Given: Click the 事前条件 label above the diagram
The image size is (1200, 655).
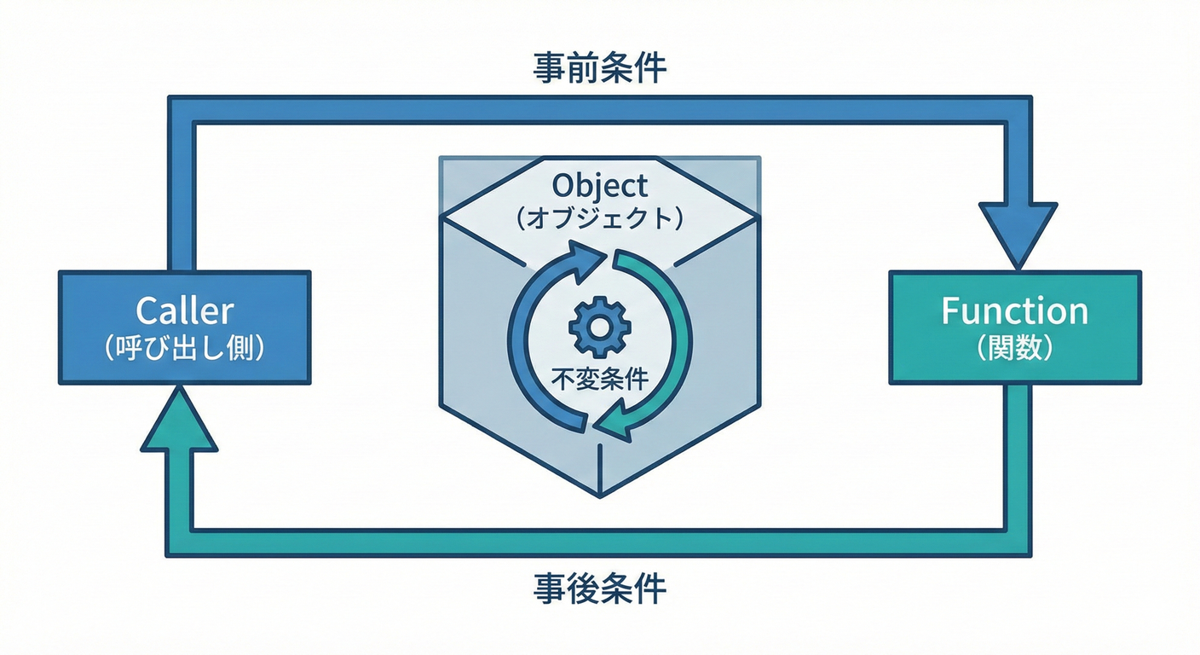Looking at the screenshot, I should [x=599, y=68].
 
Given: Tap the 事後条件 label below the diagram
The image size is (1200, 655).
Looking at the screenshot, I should [x=599, y=588].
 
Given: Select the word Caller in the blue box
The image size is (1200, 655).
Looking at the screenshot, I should [x=184, y=311].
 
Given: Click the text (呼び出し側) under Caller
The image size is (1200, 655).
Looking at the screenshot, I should [x=184, y=350].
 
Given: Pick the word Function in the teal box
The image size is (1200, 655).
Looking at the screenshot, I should [x=1014, y=311].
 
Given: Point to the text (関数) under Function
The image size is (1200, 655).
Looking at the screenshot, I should [x=1014, y=350].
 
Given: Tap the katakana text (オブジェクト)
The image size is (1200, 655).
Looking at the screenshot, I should [x=599, y=218].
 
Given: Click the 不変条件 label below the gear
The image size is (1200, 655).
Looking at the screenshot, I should [x=599, y=379].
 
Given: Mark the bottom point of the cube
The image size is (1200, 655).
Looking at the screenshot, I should [x=600, y=495].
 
